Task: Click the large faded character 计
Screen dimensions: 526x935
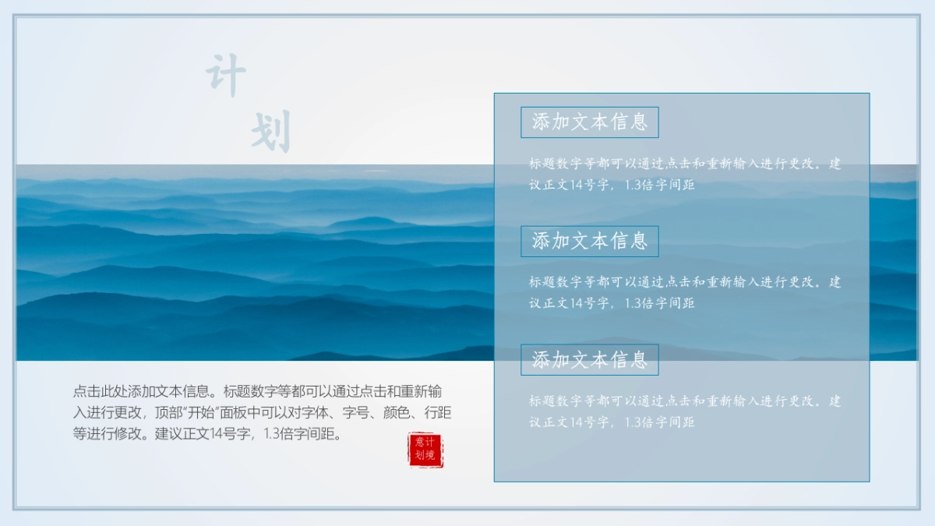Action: click(x=226, y=76)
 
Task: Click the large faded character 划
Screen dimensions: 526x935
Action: click(x=270, y=131)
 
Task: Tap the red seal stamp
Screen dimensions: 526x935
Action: click(x=425, y=450)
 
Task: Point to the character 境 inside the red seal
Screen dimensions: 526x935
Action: click(x=432, y=456)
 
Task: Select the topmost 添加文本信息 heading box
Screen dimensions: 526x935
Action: click(x=589, y=122)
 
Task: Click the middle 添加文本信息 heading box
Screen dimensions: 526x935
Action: click(x=589, y=241)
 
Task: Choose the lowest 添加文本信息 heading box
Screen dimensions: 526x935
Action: click(x=589, y=359)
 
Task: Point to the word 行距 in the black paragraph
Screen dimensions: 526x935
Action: click(x=437, y=413)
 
